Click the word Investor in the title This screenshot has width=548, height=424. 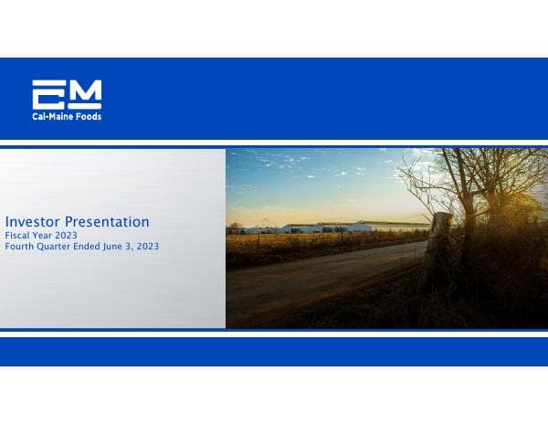coord(32,222)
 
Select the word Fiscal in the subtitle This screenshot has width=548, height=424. coord(18,236)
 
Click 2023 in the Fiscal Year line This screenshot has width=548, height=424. coord(63,236)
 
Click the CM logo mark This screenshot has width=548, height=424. coord(67,94)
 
